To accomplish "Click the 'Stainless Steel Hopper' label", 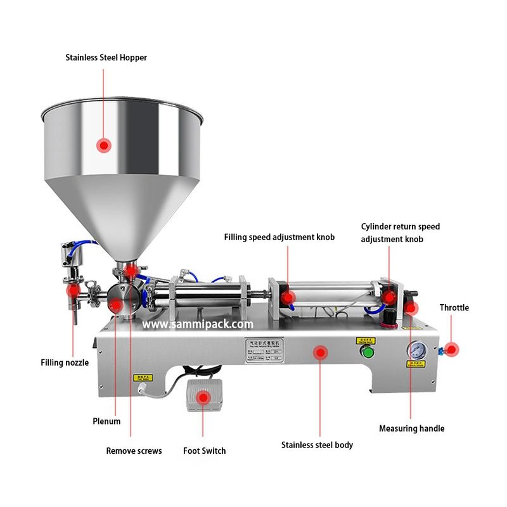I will (106, 58).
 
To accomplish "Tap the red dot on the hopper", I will (103, 145).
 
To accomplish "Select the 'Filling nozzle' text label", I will (65, 363).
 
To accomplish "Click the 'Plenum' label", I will (106, 421).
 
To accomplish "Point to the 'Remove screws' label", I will (134, 451).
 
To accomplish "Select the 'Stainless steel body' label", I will (317, 445).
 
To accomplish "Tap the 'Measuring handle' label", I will (411, 428).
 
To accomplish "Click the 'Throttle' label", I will (454, 307).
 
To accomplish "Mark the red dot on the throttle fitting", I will (451, 349).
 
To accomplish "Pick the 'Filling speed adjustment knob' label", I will (279, 237).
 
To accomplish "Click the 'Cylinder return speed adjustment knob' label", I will (401, 233).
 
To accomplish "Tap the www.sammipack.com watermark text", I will (198, 324).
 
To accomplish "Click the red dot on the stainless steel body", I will (321, 352).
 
